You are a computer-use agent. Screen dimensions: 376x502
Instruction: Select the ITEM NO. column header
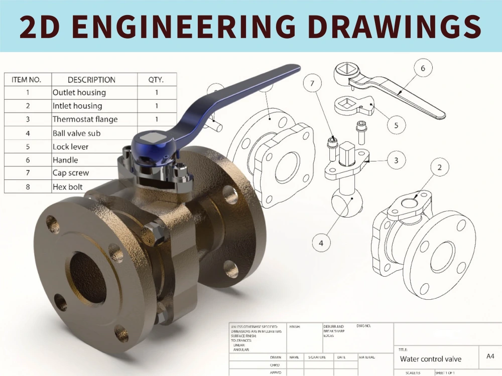click(27, 80)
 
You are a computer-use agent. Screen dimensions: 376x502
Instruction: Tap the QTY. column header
click(156, 80)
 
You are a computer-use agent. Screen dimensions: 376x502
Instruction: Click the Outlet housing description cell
click(79, 93)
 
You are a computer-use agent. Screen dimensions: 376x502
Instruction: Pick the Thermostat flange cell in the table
click(85, 119)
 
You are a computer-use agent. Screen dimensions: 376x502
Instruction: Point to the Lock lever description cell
click(70, 147)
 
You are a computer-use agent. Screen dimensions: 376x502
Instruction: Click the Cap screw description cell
click(70, 173)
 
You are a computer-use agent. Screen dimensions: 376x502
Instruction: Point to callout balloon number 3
click(396, 160)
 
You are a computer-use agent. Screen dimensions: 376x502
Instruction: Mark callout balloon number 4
click(321, 244)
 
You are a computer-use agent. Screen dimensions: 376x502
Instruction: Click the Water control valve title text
click(430, 359)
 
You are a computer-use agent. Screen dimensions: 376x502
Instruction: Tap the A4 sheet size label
click(490, 356)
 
